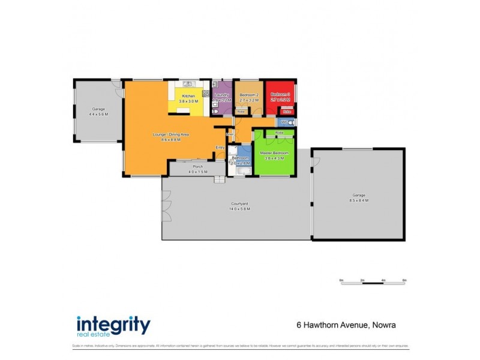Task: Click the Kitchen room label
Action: (x=188, y=96)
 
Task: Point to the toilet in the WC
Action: (x=287, y=122)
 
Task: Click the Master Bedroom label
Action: (x=274, y=153)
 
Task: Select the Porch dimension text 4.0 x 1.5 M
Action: (x=197, y=172)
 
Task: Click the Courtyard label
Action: (x=238, y=205)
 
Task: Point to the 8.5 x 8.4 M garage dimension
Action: (x=359, y=200)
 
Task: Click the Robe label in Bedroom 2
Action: (x=241, y=112)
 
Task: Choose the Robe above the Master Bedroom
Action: (x=279, y=132)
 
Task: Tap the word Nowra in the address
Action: (x=382, y=326)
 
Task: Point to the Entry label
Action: (x=220, y=147)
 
